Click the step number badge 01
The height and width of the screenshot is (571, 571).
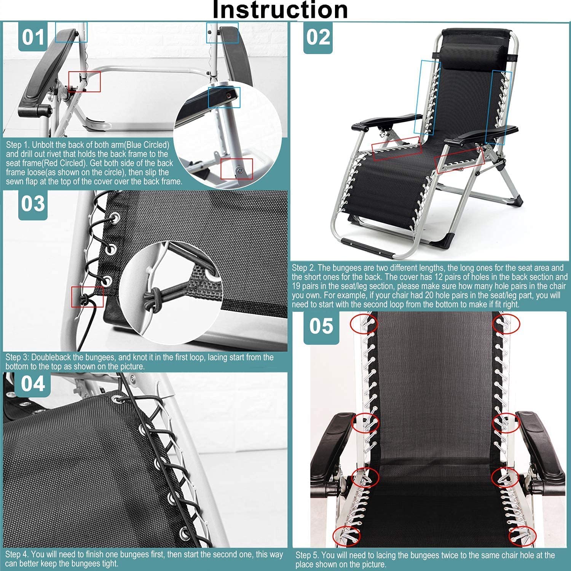(x=33, y=37)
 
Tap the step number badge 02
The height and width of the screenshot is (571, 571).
(x=318, y=37)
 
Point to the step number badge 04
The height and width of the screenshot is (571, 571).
(x=33, y=383)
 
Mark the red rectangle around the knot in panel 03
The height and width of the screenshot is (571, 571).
(x=88, y=297)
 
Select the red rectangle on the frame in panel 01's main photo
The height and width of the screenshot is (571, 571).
(x=85, y=81)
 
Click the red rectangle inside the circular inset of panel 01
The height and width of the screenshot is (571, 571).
(x=236, y=169)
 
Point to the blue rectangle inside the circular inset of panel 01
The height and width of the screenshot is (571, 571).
(x=224, y=97)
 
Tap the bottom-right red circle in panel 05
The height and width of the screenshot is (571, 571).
(x=522, y=536)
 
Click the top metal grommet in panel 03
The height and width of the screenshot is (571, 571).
(x=114, y=218)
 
